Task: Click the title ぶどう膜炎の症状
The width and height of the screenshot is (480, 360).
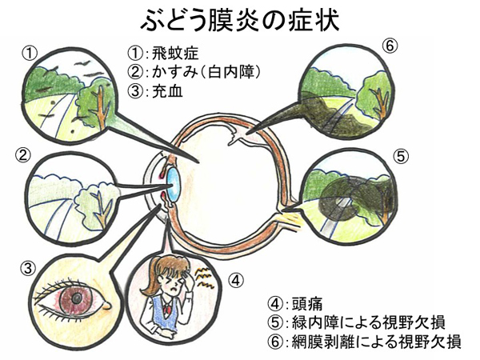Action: pyautogui.click(x=240, y=18)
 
